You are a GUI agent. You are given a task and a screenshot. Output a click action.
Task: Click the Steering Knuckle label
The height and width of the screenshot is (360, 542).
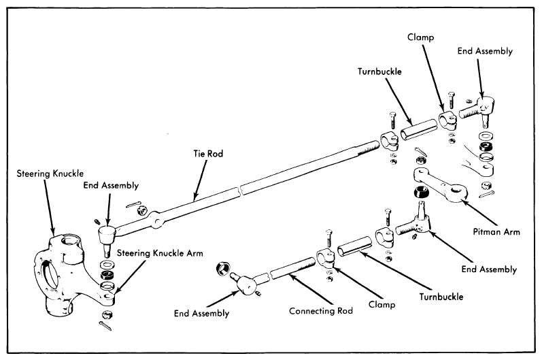[x=50, y=174]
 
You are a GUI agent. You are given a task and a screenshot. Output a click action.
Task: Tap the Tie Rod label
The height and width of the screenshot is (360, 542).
[x=208, y=154]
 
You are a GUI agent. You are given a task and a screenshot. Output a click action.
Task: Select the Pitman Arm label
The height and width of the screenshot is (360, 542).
[x=496, y=231]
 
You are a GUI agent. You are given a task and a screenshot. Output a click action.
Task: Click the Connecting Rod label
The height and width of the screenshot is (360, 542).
[x=321, y=311]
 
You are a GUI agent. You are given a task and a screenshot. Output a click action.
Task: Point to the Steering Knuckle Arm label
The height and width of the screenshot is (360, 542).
[x=160, y=253]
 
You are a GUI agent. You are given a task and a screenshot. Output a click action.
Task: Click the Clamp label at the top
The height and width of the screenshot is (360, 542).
[x=420, y=37]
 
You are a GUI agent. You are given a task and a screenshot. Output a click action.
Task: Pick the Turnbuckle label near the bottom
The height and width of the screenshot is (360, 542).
[x=441, y=297]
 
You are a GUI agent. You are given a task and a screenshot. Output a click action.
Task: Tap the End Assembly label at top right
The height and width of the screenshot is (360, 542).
[x=485, y=51]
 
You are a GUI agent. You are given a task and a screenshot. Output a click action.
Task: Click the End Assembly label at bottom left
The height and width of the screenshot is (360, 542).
[x=201, y=313]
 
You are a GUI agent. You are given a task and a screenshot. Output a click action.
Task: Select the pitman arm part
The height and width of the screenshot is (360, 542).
[x=440, y=184]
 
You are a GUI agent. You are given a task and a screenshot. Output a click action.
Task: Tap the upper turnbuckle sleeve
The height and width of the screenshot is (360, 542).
[x=419, y=129]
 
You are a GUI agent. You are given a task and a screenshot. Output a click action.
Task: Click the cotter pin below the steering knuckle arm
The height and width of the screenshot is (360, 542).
[x=105, y=325]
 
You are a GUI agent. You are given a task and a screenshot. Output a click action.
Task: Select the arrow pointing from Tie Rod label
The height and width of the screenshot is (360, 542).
[x=201, y=180]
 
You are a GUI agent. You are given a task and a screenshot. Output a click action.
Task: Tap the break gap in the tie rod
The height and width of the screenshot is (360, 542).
[x=240, y=191]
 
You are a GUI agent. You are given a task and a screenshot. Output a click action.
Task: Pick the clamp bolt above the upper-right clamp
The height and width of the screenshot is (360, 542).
[x=451, y=101]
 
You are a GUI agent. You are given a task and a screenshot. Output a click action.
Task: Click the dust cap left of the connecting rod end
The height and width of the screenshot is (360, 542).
[x=222, y=268]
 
